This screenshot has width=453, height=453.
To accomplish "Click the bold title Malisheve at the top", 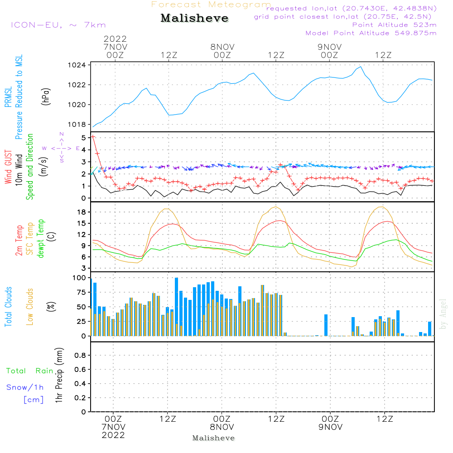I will (x=194, y=19).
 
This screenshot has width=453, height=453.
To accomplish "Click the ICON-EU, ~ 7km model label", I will (x=58, y=25).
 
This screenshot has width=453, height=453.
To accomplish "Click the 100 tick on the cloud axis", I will (x=79, y=278).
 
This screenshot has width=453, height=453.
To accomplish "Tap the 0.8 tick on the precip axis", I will (x=80, y=356).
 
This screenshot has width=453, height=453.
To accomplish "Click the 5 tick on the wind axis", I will (x=83, y=137).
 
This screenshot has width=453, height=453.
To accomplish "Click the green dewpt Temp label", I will (x=41, y=239).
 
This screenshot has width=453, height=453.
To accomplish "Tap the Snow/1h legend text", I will (x=25, y=387).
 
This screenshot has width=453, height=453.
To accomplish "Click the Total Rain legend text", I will (x=30, y=371).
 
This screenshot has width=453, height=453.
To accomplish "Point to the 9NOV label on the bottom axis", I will (x=329, y=427).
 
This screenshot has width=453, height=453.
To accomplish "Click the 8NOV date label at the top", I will (x=222, y=47).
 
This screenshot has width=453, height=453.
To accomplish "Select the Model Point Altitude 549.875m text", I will (x=371, y=33).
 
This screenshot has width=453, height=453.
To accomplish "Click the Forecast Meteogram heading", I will (x=211, y=5).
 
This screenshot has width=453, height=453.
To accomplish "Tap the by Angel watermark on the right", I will (x=443, y=313).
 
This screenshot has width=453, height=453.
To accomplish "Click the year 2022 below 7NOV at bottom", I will (x=113, y=435).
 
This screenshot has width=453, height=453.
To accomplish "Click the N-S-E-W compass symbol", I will (x=61, y=148).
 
